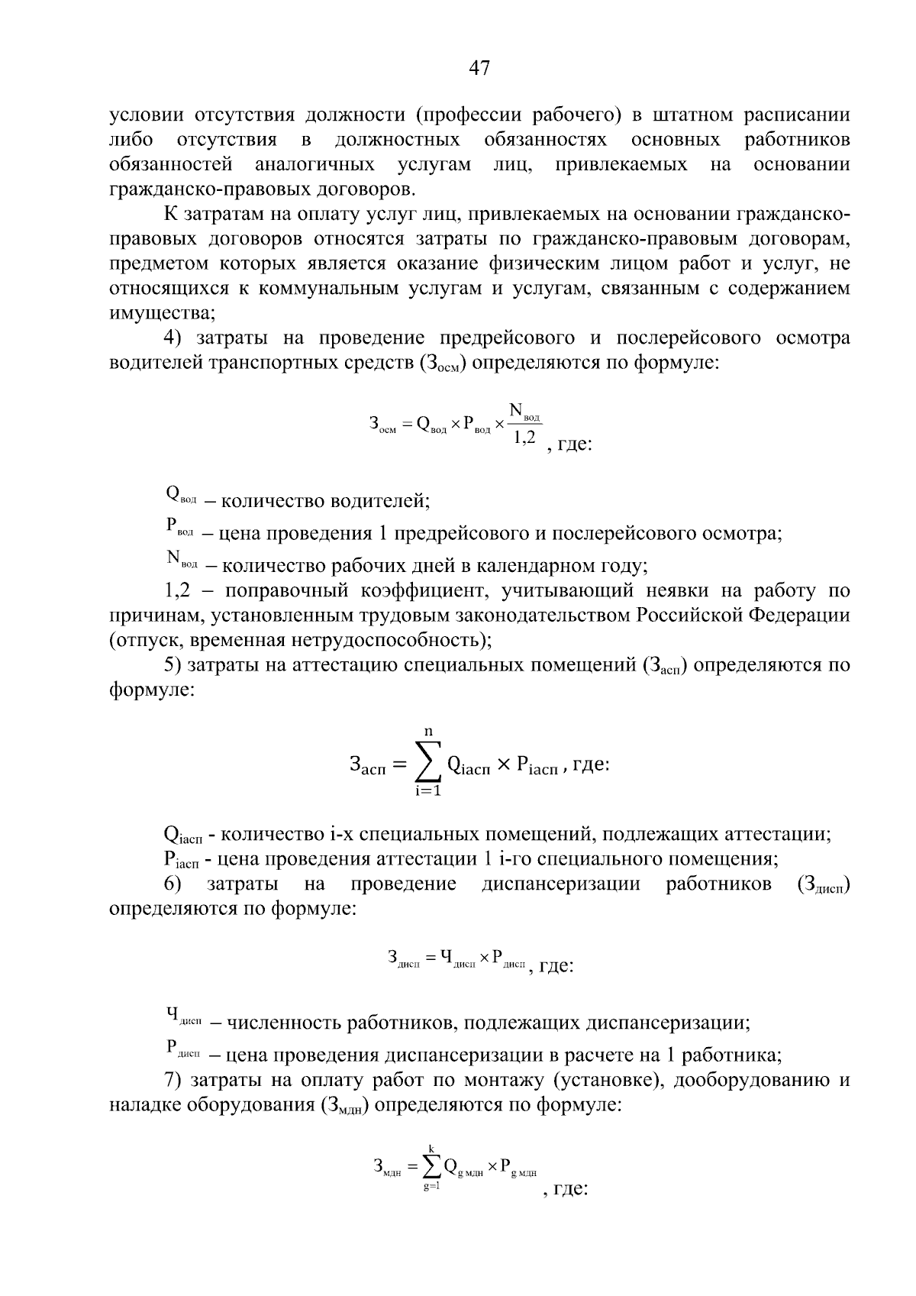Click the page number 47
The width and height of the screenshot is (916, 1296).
click(x=479, y=68)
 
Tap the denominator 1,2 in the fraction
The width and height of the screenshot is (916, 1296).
click(x=525, y=437)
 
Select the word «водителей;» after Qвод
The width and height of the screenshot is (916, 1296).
click(x=379, y=501)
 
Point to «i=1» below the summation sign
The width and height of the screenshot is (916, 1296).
click(x=428, y=791)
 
